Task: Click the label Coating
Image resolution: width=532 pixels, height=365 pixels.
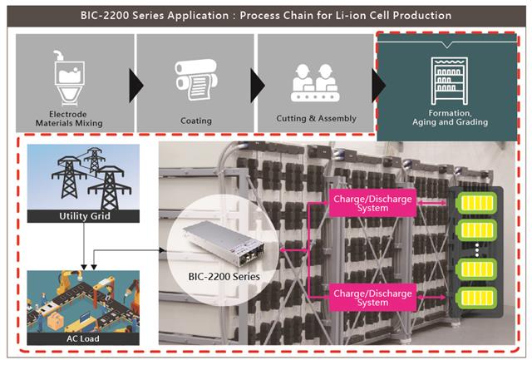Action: (195, 121)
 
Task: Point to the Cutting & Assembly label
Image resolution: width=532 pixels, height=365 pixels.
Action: (316, 118)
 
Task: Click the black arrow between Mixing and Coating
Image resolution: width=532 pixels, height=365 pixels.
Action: (135, 84)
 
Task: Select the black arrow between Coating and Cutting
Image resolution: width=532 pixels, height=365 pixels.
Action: (257, 84)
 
